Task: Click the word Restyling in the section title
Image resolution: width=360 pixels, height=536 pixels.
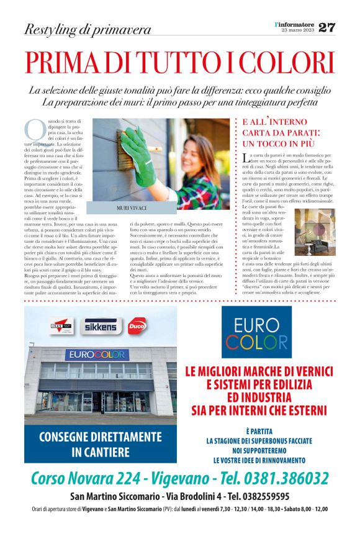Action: [49, 29]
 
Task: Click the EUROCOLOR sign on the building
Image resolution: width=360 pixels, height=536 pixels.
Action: [97, 355]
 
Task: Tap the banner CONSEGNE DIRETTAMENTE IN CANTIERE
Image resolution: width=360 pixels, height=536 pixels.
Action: [101, 443]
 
